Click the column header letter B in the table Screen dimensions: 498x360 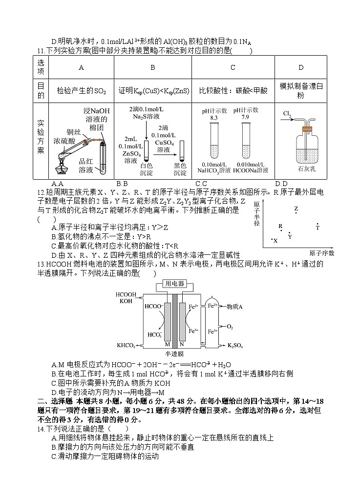pyautogui.click(x=153, y=68)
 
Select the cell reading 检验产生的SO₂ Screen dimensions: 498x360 pyautogui.click(x=81, y=90)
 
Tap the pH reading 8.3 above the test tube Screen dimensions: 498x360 pyautogui.click(x=214, y=118)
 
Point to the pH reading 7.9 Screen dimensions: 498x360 pyautogui.click(x=245, y=118)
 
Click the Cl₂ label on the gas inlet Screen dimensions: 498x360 pyautogui.click(x=287, y=114)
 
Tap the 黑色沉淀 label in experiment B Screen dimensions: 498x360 pyautogui.click(x=181, y=169)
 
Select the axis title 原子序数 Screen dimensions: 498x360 pyautogui.click(x=321, y=253)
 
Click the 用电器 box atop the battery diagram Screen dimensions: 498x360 pyautogui.click(x=175, y=283)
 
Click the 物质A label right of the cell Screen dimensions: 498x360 pyautogui.click(x=235, y=307)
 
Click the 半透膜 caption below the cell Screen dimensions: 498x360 pyautogui.click(x=174, y=353)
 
